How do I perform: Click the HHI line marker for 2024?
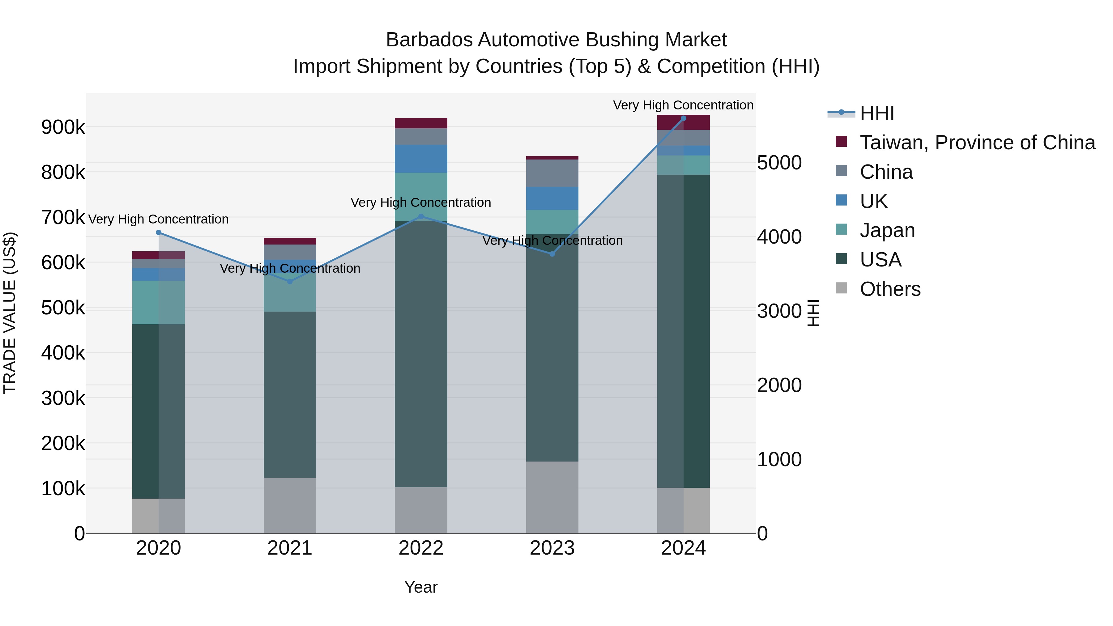coord(683,118)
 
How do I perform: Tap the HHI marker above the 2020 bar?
coord(159,232)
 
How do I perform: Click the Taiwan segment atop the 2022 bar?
coord(421,123)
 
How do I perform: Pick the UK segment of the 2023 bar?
coord(552,198)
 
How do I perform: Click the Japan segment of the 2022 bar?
coord(421,197)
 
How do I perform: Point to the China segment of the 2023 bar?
coord(552,173)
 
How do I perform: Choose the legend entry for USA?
coord(880,260)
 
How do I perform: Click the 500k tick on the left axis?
coord(63,308)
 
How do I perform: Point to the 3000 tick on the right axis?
coord(779,311)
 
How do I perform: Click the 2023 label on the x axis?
coord(552,548)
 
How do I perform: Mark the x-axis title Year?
coord(421,587)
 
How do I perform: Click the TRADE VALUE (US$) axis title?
coord(10,313)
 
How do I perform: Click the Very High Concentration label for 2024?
coord(683,105)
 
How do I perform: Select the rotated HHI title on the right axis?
coord(813,313)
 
